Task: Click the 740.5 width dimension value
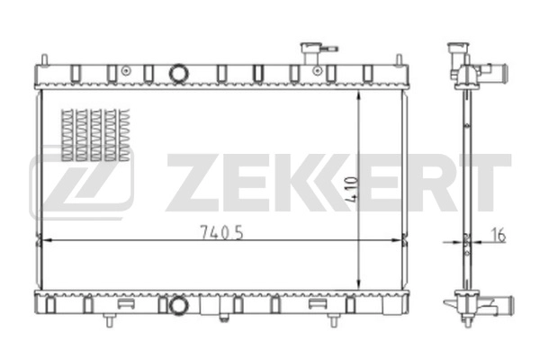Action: (221, 231)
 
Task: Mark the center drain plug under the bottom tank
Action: (223, 317)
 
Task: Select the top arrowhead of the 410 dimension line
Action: (361, 92)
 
